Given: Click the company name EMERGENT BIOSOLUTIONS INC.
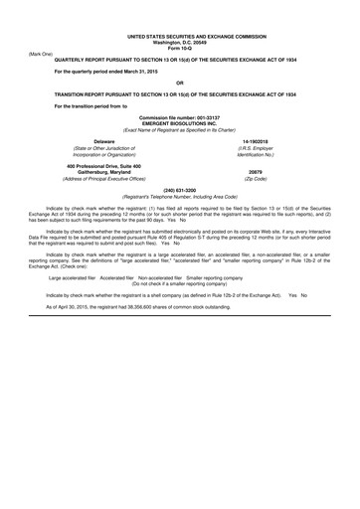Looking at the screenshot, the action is point(179,123).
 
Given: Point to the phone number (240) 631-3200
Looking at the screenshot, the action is point(179,189).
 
